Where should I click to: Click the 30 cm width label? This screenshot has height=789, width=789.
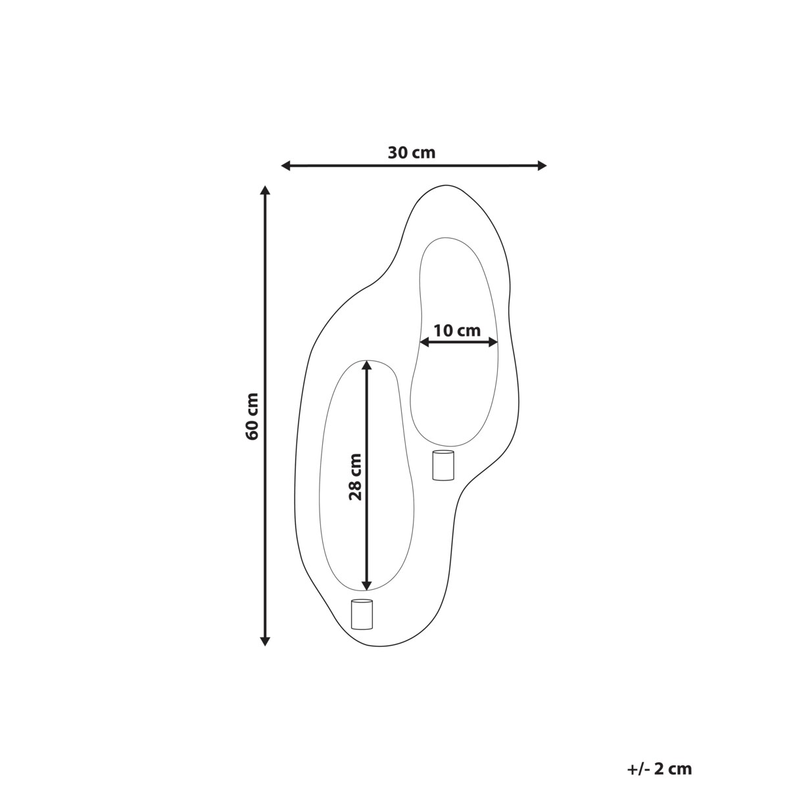pyautogui.click(x=412, y=153)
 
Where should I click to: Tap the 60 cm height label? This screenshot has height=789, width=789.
pyautogui.click(x=252, y=416)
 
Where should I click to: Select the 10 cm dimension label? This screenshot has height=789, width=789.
pyautogui.click(x=457, y=331)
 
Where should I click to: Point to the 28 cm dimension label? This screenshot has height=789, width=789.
pyautogui.click(x=355, y=477)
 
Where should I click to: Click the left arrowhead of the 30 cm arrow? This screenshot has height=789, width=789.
pyautogui.click(x=286, y=166)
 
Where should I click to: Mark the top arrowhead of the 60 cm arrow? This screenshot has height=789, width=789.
pyautogui.click(x=266, y=190)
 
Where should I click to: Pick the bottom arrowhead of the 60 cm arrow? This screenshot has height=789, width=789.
pyautogui.click(x=266, y=641)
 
